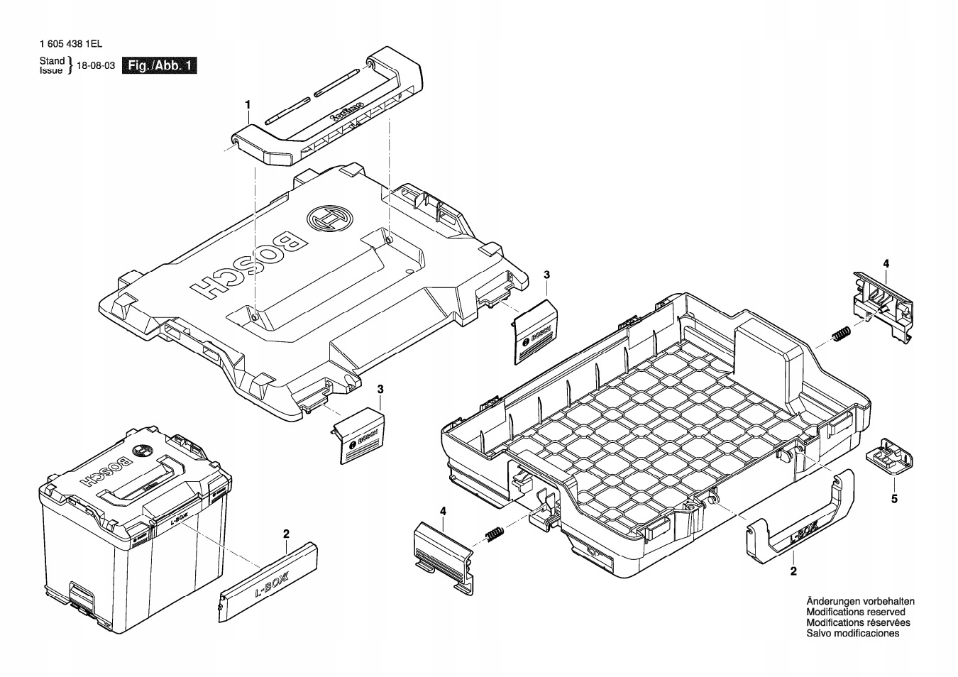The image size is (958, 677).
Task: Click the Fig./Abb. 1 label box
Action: click(x=160, y=66)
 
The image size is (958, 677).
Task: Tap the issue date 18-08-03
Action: click(x=95, y=66)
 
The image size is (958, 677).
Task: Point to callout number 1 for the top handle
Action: click(x=248, y=105)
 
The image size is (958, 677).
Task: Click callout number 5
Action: click(x=894, y=499)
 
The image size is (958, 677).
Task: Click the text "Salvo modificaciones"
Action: click(x=853, y=633)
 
